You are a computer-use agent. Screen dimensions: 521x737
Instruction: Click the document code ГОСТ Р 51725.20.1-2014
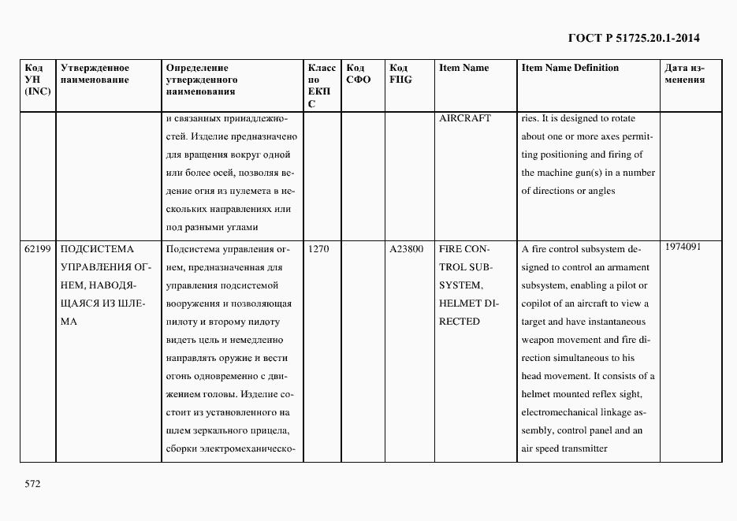tap(634, 38)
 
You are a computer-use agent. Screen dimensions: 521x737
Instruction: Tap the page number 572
tap(32, 483)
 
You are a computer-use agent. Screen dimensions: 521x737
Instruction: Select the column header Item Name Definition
tap(570, 68)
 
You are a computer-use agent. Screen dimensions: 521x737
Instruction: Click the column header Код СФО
tap(358, 73)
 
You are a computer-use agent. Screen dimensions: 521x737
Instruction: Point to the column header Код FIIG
tap(400, 73)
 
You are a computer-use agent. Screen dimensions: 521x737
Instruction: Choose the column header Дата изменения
tap(685, 73)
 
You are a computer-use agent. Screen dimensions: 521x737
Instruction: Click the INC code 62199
tap(38, 249)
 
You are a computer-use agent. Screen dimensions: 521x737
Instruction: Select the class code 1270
tap(318, 249)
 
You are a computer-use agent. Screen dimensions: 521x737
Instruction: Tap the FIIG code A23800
tap(407, 249)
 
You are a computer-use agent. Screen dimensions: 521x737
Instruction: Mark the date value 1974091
tap(683, 247)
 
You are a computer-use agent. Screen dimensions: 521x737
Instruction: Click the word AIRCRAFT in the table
tap(464, 118)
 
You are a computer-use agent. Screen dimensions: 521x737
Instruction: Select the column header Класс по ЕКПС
tap(322, 85)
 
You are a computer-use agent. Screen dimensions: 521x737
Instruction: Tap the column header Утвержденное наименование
tap(95, 73)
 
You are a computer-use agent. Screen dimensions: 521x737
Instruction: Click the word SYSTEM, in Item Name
tap(460, 285)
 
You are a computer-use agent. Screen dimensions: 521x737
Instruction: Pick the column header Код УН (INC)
tap(38, 80)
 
